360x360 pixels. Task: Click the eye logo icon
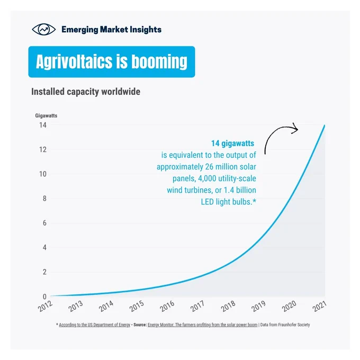43,30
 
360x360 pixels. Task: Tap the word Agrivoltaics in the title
74,62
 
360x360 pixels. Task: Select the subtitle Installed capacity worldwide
86,92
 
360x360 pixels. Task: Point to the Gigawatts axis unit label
46,115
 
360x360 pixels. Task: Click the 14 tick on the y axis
43,125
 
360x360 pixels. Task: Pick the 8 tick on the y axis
44,199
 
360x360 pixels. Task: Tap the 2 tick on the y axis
44,272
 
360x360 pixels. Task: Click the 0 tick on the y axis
44,296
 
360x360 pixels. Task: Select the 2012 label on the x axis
45,306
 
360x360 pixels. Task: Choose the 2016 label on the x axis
167,306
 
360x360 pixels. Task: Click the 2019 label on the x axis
258,306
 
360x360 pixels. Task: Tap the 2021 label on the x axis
319,306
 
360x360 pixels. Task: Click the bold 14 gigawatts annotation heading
232,143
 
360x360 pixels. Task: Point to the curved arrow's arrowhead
295,129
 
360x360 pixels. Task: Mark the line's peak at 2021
325,125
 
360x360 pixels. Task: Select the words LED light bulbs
227,202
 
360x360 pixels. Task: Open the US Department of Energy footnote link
95,325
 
